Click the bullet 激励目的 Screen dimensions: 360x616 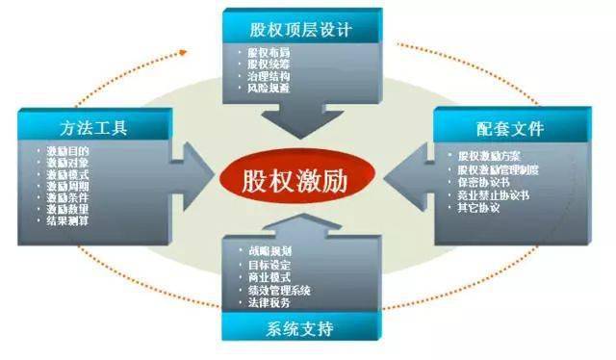[70, 151]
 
